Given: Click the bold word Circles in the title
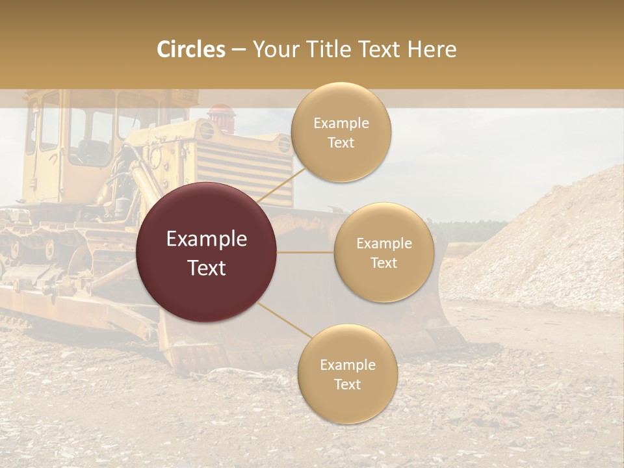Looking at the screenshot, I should [190, 49].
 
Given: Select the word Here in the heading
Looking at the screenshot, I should [432, 49].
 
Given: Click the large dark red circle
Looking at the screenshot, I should [207, 252].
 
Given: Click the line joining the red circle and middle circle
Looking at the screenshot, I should [305, 252].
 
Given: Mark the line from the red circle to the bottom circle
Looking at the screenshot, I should [283, 320].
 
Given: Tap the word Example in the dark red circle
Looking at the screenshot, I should [207, 239].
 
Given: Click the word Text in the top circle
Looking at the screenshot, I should [341, 143].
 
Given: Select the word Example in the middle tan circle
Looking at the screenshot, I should [383, 244].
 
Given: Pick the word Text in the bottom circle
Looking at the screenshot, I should [347, 384].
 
